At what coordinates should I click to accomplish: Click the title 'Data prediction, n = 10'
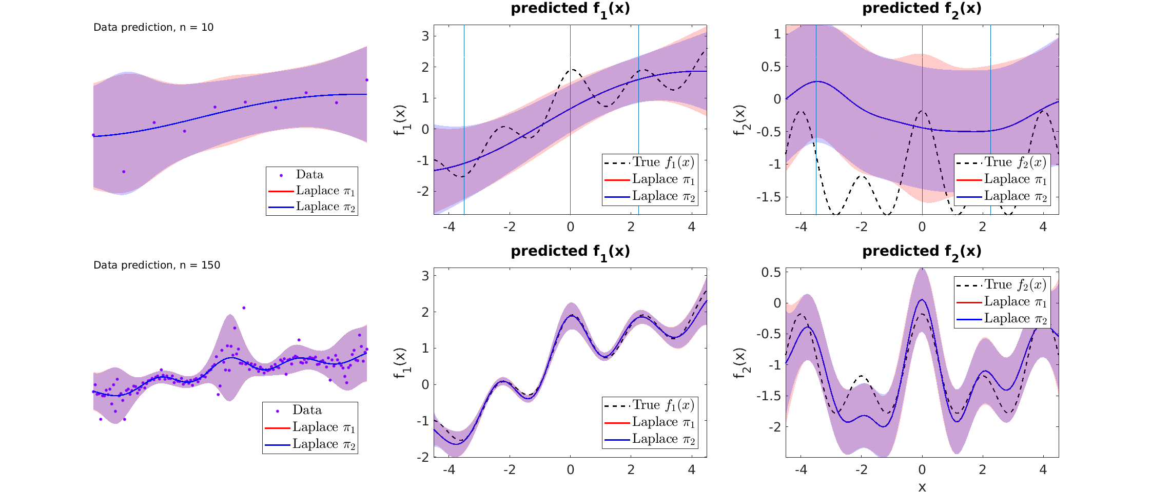click(x=153, y=28)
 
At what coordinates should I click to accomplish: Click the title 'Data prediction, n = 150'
click(x=157, y=265)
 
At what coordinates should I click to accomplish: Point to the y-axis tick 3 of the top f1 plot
click(x=425, y=36)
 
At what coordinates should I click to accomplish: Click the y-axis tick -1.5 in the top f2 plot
click(x=768, y=197)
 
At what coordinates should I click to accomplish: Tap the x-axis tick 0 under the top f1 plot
click(x=570, y=227)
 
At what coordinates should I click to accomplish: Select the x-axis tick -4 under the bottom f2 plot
click(x=801, y=470)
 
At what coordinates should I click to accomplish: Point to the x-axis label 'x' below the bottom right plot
click(x=922, y=487)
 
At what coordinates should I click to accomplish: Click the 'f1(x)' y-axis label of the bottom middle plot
click(x=400, y=363)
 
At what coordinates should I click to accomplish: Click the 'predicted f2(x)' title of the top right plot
click(x=922, y=9)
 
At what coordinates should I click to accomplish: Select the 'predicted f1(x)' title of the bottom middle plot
click(x=570, y=252)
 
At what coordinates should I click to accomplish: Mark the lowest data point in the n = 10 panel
click(x=124, y=172)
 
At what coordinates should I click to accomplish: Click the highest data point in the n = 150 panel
click(x=244, y=308)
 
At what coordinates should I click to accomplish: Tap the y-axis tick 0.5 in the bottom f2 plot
click(x=771, y=272)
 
